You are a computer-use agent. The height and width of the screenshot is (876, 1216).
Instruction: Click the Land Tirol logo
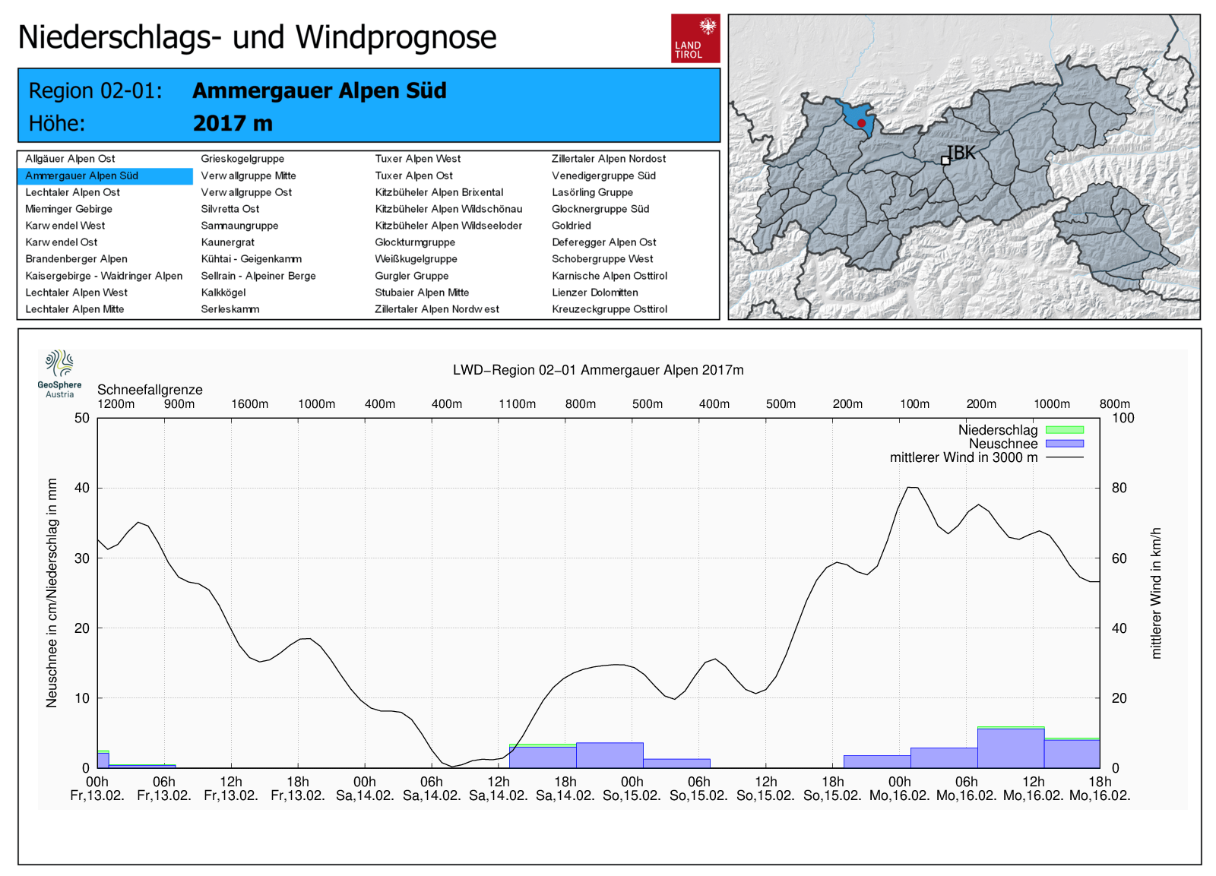[695, 38]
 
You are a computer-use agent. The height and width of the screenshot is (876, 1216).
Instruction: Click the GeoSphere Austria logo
[59, 373]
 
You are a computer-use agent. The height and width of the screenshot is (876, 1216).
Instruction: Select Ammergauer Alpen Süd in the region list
[82, 176]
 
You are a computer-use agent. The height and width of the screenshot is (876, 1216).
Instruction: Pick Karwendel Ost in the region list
[62, 242]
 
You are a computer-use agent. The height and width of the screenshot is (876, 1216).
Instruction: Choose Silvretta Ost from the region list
[230, 209]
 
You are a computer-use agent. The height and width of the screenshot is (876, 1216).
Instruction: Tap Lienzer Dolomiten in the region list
[595, 293]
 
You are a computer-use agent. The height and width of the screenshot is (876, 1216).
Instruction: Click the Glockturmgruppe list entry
[415, 242]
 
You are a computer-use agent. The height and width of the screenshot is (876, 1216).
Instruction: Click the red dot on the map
[861, 123]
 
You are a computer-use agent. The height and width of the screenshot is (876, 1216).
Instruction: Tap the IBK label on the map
[961, 153]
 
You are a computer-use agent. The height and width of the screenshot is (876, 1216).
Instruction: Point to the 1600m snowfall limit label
[249, 404]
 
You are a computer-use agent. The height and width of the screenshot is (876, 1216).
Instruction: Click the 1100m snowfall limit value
[517, 404]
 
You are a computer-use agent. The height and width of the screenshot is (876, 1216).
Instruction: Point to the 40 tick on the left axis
[82, 488]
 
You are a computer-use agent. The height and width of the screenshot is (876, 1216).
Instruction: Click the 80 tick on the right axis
[1119, 488]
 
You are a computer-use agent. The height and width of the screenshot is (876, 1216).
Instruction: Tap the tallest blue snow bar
[1011, 748]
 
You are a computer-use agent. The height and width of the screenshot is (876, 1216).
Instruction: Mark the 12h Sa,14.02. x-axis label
[499, 789]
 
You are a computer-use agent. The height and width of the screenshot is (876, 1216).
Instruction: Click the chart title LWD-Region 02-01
[598, 370]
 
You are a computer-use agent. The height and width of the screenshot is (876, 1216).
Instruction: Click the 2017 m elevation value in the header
[233, 123]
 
